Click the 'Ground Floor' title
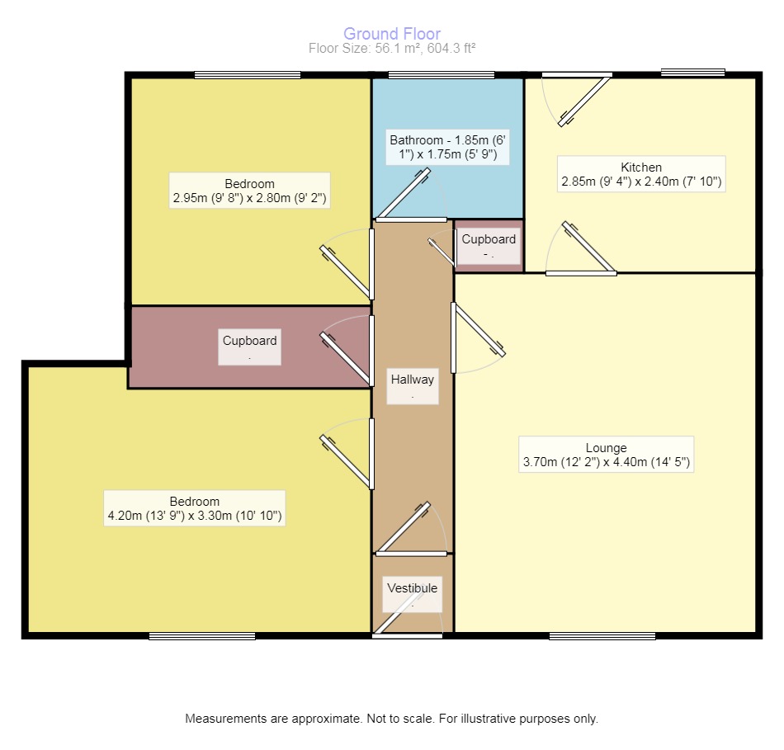pyautogui.click(x=392, y=34)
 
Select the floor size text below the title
pyautogui.click(x=392, y=49)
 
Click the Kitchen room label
pyautogui.click(x=641, y=174)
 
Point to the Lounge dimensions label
pyautogui.click(x=607, y=455)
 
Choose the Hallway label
pyautogui.click(x=413, y=384)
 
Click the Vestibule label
pyautogui.click(x=413, y=593)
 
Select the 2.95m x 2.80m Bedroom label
pyautogui.click(x=249, y=191)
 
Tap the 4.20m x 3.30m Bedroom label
pyautogui.click(x=195, y=509)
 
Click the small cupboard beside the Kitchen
pyautogui.click(x=489, y=245)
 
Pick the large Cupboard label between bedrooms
pyautogui.click(x=249, y=347)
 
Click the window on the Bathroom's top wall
pyautogui.click(x=442, y=76)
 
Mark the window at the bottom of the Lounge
pyautogui.click(x=602, y=635)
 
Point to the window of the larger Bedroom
pyautogui.click(x=202, y=635)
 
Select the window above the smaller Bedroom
pyautogui.click(x=248, y=76)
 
